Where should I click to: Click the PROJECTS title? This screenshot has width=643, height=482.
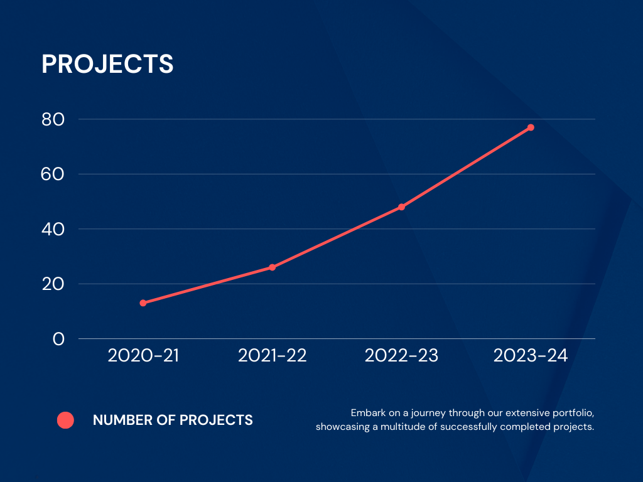(107, 64)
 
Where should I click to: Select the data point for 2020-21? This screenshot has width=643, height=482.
(143, 303)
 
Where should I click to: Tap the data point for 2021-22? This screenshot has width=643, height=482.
(273, 267)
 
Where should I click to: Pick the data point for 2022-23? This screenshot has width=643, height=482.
(402, 207)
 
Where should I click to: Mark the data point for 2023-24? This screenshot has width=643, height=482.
(531, 127)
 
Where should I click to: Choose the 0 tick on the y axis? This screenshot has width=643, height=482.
(58, 339)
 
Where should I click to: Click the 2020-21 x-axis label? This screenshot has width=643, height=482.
(143, 356)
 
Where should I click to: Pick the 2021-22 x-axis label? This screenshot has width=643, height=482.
(273, 356)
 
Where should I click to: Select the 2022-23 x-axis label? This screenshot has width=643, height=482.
(402, 356)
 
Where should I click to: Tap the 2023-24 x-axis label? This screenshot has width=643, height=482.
(531, 356)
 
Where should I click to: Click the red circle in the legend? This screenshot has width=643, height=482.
(65, 420)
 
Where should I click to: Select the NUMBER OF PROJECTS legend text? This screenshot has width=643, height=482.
(173, 420)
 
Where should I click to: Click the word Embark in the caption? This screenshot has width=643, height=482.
(365, 414)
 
